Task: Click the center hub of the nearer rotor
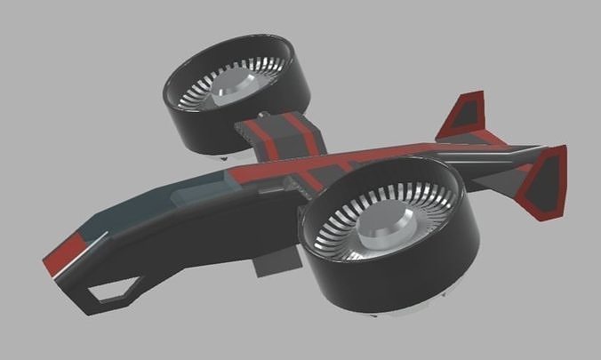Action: click(382, 233)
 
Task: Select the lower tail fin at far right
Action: click(547, 182)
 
